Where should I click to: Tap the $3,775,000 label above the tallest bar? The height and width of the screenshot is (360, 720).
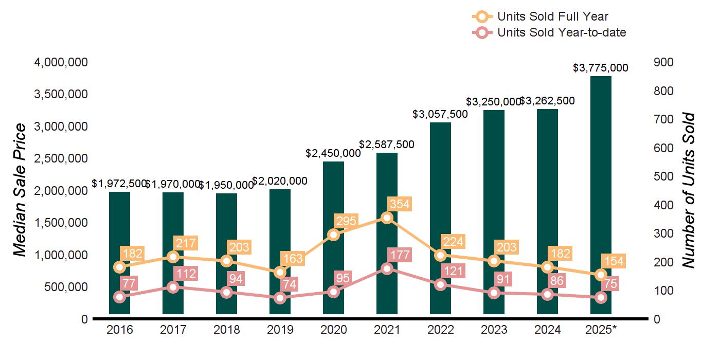pos(601,68)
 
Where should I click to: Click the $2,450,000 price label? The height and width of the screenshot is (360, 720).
pos(333,153)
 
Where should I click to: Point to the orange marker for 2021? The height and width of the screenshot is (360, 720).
pos(387,218)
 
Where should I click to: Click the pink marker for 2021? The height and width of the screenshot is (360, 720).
pos(387,268)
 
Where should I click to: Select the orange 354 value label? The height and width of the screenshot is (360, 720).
pos(400,204)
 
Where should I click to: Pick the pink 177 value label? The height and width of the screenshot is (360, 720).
pos(400,255)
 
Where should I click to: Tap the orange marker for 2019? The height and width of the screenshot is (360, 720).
pos(280,272)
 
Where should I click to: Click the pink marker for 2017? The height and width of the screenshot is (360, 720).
pos(173,287)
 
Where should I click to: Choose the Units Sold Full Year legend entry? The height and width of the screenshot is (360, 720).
pos(540,16)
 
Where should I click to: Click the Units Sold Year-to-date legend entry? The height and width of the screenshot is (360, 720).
pos(549,33)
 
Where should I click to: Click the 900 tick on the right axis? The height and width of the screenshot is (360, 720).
pos(663,62)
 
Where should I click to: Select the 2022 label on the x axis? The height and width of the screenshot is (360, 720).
pos(440,330)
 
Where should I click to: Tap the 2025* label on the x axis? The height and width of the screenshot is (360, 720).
pos(601,330)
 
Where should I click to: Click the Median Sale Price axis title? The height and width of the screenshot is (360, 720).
pos(20,190)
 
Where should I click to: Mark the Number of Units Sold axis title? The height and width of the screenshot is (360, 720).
pos(689,190)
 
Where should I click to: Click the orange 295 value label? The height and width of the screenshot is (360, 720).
pos(346,221)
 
